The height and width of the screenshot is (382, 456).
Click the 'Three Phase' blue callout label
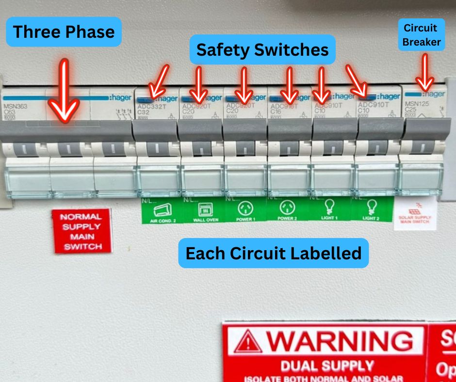coord(64,32)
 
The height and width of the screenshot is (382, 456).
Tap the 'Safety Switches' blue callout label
coord(262,49)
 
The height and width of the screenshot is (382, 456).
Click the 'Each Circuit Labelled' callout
coord(274,253)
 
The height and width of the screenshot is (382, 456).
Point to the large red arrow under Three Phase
coord(65,92)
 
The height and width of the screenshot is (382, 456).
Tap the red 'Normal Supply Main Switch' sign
coord(81,231)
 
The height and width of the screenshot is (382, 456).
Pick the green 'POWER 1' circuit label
coord(245,211)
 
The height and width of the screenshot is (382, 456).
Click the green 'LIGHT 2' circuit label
coord(371,211)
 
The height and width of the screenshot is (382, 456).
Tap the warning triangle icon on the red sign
coord(247,342)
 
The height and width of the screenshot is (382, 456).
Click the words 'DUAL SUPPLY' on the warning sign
coord(328,365)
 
